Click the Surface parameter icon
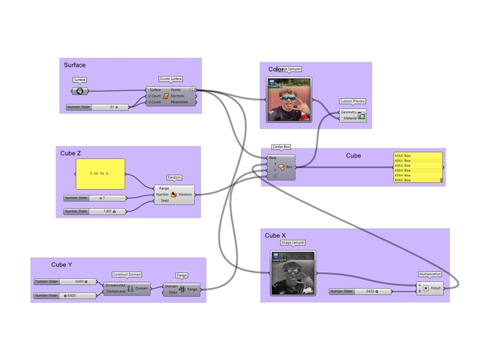pyautogui.click(x=79, y=91)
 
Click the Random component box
pyautogui.click(x=174, y=194)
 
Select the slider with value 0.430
pyautogui.click(x=65, y=282)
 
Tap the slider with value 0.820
pyautogui.click(x=65, y=295)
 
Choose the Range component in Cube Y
pyautogui.click(x=182, y=289)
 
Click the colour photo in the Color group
pyautogui.click(x=289, y=100)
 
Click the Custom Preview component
pyautogui.click(x=352, y=115)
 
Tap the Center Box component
pyautogui.click(x=282, y=166)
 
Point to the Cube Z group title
pyautogui.click(x=70, y=153)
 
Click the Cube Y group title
pyautogui.click(x=61, y=265)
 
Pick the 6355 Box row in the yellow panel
pyautogui.click(x=418, y=181)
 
